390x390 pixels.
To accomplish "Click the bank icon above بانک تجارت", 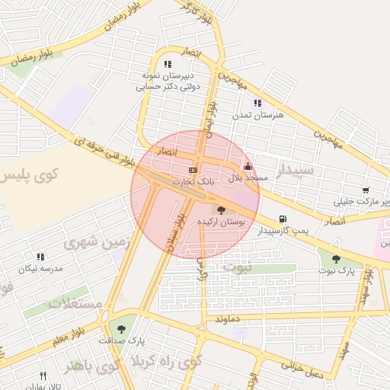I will [193, 170].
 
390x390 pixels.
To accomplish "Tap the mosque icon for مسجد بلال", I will [247, 166].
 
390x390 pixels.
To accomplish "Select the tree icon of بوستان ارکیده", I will [221, 209].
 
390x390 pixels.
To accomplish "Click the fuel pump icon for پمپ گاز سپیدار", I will [283, 219].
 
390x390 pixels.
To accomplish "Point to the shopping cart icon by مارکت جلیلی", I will [366, 190].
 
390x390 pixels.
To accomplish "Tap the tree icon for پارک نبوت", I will [336, 259].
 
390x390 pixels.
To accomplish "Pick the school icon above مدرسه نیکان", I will [40, 257].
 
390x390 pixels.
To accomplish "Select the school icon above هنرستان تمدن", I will [257, 102].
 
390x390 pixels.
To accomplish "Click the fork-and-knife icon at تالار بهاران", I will [43, 376].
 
